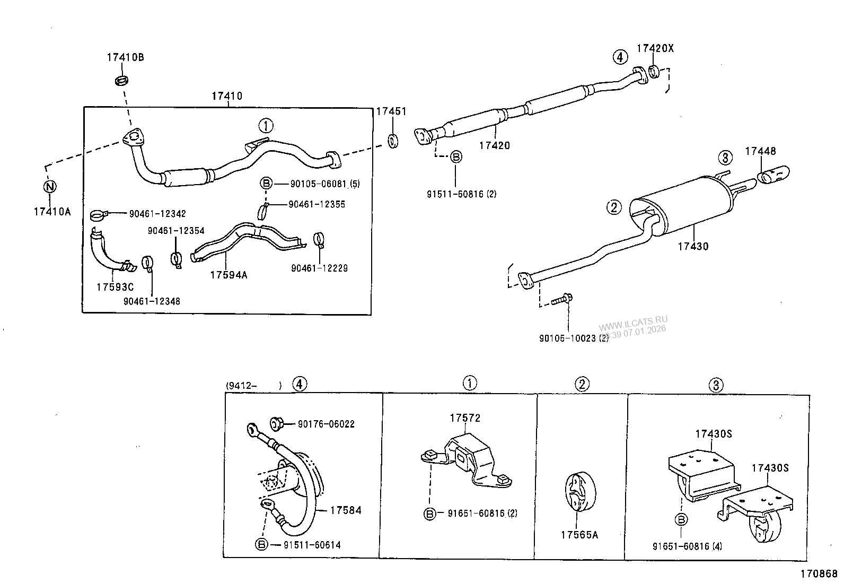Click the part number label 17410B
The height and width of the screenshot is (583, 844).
pos(125,57)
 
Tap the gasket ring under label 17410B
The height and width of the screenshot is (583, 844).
pos(122,81)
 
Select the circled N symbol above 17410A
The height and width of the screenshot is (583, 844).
pos(49,186)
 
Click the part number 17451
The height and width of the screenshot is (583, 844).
pos(391,111)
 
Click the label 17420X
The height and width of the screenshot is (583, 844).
pos(655,48)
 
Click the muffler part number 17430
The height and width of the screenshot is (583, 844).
pos(693,246)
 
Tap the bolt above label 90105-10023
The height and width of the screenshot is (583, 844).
pos(560,300)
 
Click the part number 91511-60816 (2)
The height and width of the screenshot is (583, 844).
pos(461,194)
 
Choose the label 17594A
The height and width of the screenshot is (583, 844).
pos(228,275)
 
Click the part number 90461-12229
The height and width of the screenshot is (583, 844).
pos(319,268)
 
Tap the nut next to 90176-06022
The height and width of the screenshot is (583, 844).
pos(276,423)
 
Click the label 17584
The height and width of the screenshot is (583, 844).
pos(345,510)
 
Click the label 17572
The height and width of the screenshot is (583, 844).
pos(465,418)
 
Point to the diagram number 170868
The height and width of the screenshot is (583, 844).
pos(819,573)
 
